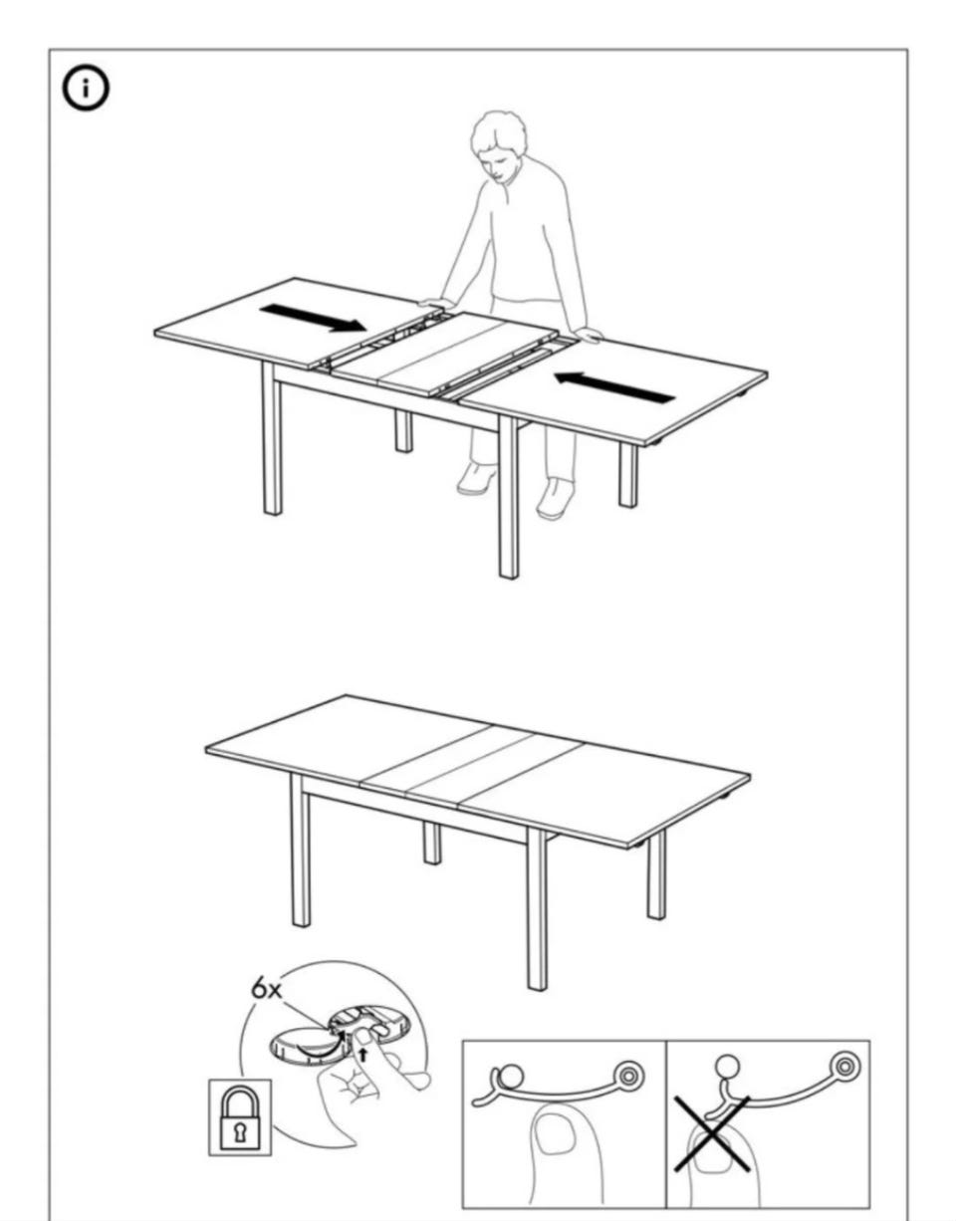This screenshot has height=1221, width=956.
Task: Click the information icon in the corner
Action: [86, 90]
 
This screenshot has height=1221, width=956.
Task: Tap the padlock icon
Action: [240, 1110]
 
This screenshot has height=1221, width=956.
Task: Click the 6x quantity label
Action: [268, 989]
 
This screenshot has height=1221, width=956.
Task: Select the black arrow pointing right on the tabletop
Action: [313, 318]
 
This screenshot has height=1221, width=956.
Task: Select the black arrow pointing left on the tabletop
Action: [613, 387]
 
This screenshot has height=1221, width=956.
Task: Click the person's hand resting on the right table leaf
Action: [588, 336]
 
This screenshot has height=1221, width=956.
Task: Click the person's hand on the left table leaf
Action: [435, 304]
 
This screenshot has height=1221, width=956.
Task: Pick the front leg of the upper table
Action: [508, 497]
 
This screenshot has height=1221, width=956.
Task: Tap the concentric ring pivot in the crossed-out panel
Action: [843, 1066]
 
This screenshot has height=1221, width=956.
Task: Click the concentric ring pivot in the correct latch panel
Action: [628, 1076]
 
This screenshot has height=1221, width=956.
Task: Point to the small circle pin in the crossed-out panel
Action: [728, 1065]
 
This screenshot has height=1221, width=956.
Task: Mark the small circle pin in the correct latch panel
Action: [511, 1076]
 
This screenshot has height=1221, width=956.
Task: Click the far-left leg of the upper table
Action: [272, 438]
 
